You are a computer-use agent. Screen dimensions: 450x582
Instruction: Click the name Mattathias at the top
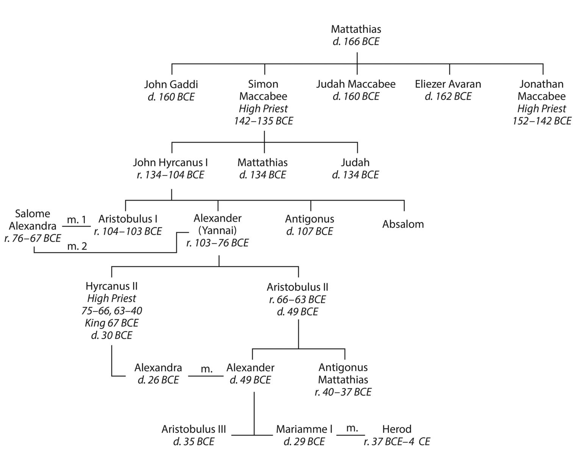click(x=356, y=29)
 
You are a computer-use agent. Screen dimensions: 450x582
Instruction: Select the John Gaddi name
click(x=171, y=84)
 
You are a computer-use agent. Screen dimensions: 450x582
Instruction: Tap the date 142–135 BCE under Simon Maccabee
click(x=263, y=121)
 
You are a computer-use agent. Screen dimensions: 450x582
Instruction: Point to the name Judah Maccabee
click(x=356, y=84)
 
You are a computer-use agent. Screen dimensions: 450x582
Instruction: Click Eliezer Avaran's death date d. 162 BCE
click(x=448, y=97)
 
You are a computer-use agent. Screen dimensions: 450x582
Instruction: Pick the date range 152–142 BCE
click(x=542, y=121)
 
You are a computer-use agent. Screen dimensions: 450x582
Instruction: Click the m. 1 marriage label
click(x=76, y=220)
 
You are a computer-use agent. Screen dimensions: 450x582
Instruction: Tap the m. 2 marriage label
click(x=77, y=246)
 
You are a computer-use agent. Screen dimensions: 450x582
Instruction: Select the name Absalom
click(x=403, y=224)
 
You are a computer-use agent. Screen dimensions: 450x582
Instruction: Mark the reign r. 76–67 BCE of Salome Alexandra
click(x=33, y=239)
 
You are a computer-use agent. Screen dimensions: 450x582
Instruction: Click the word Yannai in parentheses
click(x=217, y=230)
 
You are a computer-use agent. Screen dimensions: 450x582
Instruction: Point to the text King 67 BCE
click(x=111, y=323)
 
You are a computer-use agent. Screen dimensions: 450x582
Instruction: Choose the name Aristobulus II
click(x=297, y=287)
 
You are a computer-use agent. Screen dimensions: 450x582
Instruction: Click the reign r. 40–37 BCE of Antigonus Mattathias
click(x=343, y=392)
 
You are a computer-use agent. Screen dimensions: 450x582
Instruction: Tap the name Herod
click(x=397, y=429)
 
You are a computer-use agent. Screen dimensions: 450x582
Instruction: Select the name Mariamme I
click(x=304, y=429)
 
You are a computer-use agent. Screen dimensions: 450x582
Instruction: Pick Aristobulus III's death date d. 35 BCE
click(x=194, y=442)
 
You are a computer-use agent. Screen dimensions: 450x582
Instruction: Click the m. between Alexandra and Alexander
click(x=207, y=369)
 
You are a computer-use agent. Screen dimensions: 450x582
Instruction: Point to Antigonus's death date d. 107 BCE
click(x=310, y=231)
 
